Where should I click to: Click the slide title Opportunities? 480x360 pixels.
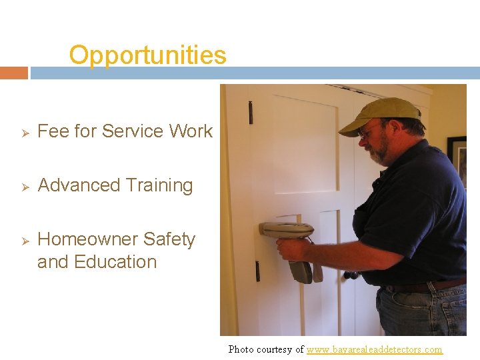(147, 55)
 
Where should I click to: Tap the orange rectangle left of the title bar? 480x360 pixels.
(13, 73)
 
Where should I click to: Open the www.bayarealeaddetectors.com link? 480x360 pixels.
(374, 349)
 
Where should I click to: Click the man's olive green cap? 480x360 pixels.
(379, 114)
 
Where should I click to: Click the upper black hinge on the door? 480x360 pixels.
(251, 113)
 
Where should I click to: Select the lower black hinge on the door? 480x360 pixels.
(257, 271)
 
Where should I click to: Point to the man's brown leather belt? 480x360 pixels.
(427, 285)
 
